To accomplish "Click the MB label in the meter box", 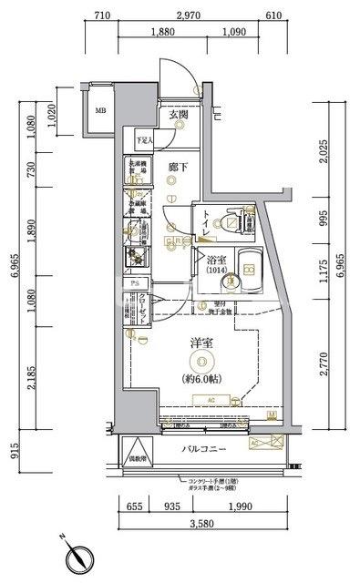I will pos(100,112).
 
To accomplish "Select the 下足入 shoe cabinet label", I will pos(145,140).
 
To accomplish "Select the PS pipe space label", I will pos(135,283).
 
